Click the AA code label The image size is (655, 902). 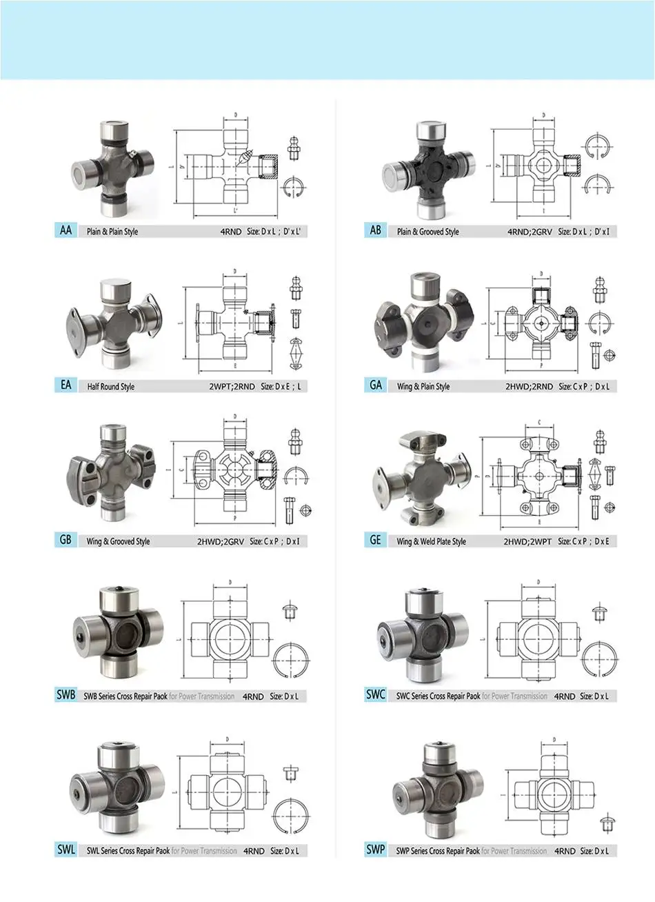pyautogui.click(x=65, y=230)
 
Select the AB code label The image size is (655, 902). pyautogui.click(x=376, y=230)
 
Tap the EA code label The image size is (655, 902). pyautogui.click(x=65, y=385)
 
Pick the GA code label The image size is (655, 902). pyautogui.click(x=376, y=385)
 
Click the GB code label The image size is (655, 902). pyautogui.click(x=65, y=540)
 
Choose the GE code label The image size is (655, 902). pyautogui.click(x=376, y=540)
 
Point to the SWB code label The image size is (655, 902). pyautogui.click(x=66, y=695)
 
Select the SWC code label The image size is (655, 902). pyautogui.click(x=376, y=695)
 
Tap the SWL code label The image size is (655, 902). pyautogui.click(x=66, y=850)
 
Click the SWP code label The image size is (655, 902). pyautogui.click(x=376, y=850)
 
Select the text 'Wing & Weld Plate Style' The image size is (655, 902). pyautogui.click(x=432, y=541)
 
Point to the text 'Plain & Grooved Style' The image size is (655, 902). pyautogui.click(x=427, y=232)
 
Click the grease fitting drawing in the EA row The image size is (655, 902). pyautogui.click(x=296, y=288)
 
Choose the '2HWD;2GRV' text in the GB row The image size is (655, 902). pyautogui.click(x=221, y=541)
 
